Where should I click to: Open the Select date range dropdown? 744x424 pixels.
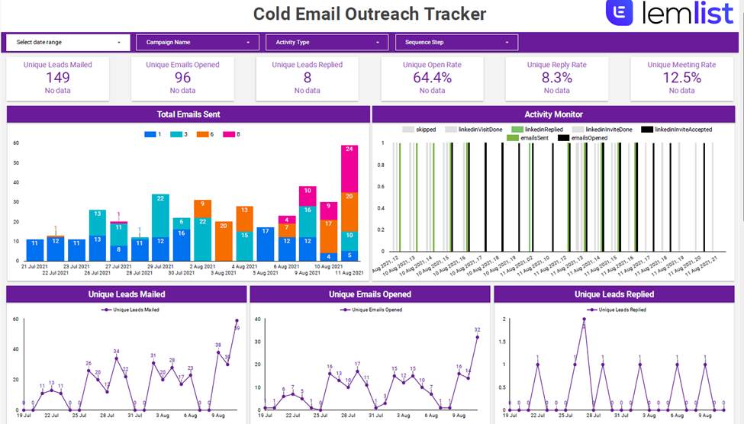coord(68,43)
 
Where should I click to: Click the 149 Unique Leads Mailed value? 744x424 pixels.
coord(58,77)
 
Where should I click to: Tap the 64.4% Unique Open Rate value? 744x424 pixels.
coord(432,77)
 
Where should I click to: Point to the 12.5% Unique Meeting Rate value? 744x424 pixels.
coord(681,77)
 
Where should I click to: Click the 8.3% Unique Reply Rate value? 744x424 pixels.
coord(556,77)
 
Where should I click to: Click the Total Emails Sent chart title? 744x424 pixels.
coord(188,114)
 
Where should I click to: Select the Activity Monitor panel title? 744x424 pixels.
coord(553,114)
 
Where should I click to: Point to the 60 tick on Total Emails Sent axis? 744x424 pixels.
coord(15,143)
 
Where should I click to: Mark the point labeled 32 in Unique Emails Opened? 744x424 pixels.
coord(478,337)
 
